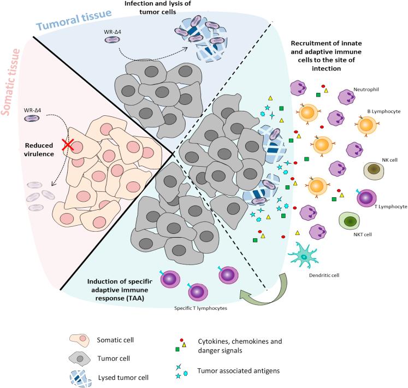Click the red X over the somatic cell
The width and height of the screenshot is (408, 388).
tap(68, 144)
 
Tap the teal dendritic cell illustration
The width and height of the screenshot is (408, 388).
tap(303, 256)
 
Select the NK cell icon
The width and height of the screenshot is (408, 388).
tap(374, 171)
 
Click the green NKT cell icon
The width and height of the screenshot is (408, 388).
tap(349, 220)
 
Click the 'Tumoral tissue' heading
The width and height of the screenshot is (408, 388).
tap(74, 19)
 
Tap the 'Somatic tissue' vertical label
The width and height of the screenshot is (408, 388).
tap(11, 82)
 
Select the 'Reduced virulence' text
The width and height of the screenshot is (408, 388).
tap(39, 150)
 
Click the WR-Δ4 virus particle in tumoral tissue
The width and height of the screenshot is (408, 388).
tap(113, 39)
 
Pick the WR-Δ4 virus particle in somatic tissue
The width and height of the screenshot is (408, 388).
tap(32, 119)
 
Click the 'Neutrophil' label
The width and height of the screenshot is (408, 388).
tap(366, 89)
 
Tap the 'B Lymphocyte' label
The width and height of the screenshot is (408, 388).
tap(384, 111)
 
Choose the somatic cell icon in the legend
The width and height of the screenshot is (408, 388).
tap(79, 340)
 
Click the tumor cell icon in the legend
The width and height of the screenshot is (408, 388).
tap(80, 358)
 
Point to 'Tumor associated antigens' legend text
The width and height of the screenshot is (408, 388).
tap(238, 371)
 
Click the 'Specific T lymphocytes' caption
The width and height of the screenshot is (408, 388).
tap(200, 308)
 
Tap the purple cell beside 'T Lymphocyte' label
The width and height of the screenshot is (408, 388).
tap(366, 198)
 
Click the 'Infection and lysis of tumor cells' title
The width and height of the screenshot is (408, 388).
tap(158, 8)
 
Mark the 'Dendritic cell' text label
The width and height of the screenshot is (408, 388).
tap(324, 275)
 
